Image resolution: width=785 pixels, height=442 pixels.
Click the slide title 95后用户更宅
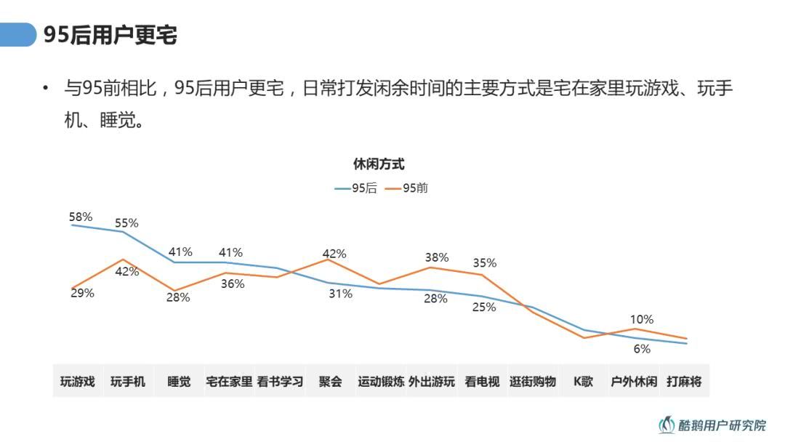(110, 35)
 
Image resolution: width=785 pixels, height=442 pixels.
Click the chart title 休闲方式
(379, 164)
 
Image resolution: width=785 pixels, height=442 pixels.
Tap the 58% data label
(81, 217)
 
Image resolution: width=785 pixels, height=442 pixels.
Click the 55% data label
(126, 223)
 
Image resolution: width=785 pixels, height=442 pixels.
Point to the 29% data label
(82, 293)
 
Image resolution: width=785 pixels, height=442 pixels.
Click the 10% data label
(642, 319)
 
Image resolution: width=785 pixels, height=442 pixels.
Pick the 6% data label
(642, 349)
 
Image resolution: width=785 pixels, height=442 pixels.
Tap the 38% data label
(437, 257)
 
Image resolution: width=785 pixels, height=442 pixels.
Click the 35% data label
(484, 263)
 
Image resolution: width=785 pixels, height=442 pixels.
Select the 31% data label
(341, 294)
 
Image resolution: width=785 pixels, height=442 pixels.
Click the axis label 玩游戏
(78, 382)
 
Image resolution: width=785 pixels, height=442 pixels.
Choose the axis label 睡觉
(179, 382)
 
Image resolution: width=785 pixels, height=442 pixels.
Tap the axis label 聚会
(330, 382)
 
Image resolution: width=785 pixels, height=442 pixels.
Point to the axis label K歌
(583, 382)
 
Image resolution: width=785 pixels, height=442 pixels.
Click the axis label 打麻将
(684, 382)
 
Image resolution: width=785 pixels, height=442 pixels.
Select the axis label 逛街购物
(533, 382)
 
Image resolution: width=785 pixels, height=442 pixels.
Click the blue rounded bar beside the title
(18, 34)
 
